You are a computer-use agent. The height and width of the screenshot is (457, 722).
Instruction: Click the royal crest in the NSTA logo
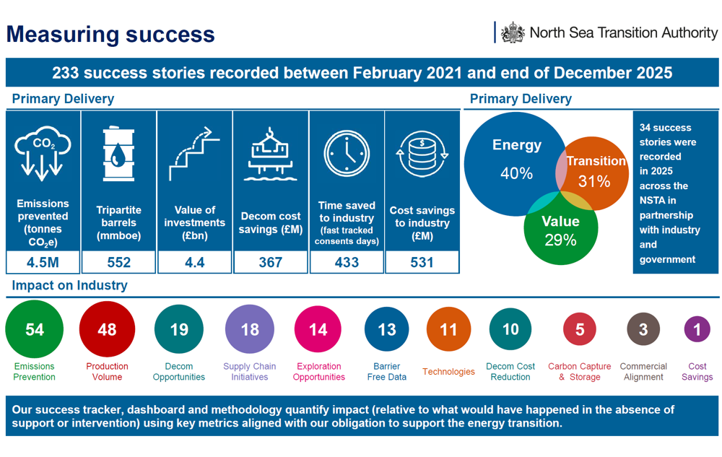tap(513, 32)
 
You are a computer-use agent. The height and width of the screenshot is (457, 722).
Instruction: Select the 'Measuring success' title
tap(110, 34)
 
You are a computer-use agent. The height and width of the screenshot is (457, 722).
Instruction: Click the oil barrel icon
tap(118, 153)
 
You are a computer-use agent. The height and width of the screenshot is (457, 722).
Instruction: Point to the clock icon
tap(347, 153)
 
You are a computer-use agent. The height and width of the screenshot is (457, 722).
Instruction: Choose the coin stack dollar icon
tap(422, 153)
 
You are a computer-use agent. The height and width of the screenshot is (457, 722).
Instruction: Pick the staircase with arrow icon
tap(194, 153)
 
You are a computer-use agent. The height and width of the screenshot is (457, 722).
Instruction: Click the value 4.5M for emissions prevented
tap(43, 262)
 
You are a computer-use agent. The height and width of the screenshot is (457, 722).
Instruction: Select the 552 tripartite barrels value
tap(118, 262)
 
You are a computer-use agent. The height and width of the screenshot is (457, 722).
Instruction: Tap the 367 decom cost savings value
tap(271, 262)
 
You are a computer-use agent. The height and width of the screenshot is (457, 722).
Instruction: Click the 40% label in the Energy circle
tap(516, 173)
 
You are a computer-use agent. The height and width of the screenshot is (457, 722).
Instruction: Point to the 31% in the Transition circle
tap(594, 181)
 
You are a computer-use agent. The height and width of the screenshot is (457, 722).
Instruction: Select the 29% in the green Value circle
tap(560, 240)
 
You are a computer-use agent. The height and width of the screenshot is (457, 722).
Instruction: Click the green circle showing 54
tap(35, 330)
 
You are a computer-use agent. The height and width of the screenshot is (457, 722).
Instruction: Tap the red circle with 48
tap(107, 330)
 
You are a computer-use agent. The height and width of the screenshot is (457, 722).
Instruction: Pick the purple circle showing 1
tap(697, 329)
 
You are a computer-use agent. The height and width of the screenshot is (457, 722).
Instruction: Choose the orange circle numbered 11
tap(448, 330)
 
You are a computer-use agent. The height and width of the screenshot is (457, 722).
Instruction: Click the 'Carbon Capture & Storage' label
tap(579, 372)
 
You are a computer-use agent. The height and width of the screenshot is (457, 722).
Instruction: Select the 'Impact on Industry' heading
tap(69, 285)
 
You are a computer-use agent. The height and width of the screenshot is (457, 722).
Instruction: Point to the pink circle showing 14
tap(318, 330)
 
